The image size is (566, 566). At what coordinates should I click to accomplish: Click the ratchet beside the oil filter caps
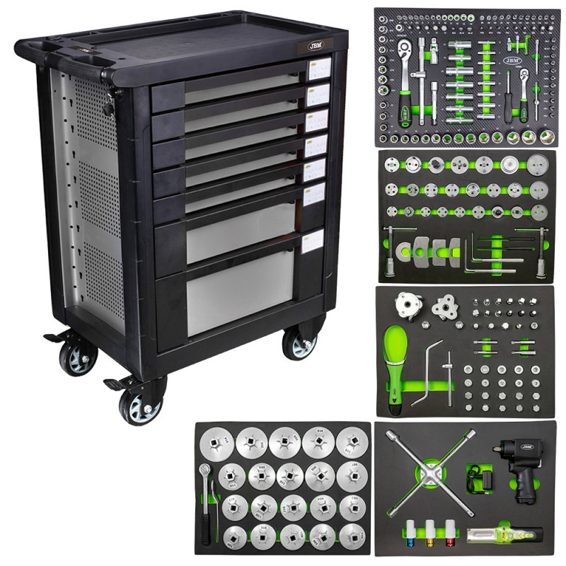pyautogui.click(x=209, y=495)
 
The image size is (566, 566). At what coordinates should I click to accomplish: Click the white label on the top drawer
pyautogui.click(x=317, y=69)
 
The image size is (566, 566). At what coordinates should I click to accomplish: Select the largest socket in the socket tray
pyautogui.click(x=529, y=135)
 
